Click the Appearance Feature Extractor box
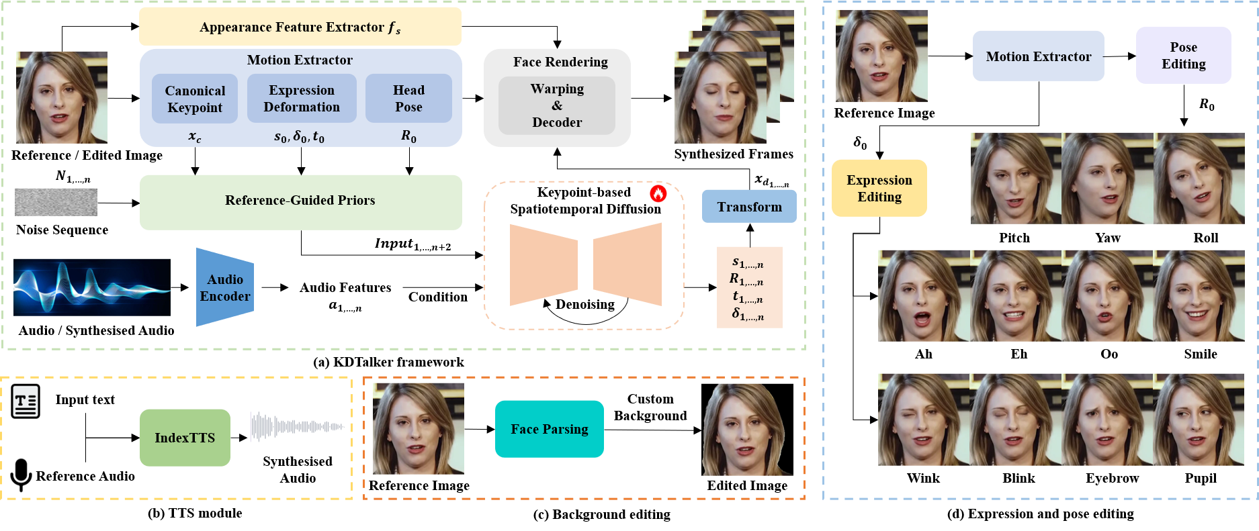point(300,27)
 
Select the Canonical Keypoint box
point(195,99)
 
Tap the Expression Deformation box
point(302,99)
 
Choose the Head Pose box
point(408,99)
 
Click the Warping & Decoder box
point(557,105)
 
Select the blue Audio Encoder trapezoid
point(224,287)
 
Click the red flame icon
point(658,193)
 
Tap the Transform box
point(749,207)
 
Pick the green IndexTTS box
point(185,438)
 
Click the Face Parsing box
point(550,429)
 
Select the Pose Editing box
point(1183,56)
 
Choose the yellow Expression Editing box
point(879,189)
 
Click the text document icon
point(26,401)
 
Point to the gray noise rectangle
point(56,202)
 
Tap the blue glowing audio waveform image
point(92,287)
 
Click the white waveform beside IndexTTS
point(297,427)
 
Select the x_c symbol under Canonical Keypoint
point(195,137)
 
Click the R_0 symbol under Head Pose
point(408,136)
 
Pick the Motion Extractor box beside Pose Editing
point(1038,56)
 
